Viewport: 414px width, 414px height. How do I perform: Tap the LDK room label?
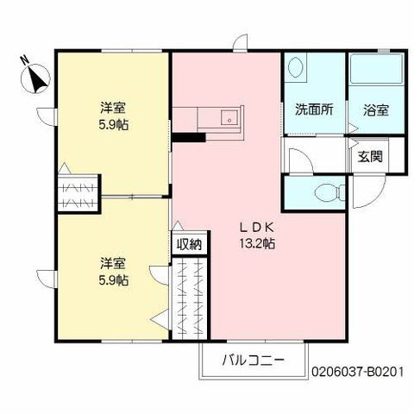[x=257, y=227]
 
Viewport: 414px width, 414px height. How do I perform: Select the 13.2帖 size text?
[x=257, y=243]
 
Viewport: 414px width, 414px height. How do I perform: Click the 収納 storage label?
[x=190, y=244]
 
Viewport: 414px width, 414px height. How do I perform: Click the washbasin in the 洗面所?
[x=295, y=68]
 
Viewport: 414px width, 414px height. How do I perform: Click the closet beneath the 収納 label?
[x=190, y=298]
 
